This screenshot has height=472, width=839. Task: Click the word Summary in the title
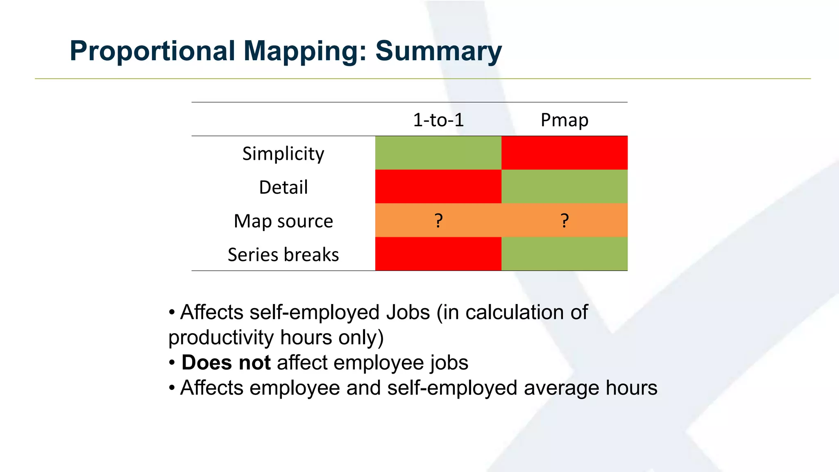(438, 51)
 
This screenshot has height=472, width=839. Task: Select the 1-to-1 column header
(438, 120)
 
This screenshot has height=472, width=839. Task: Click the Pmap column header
(564, 120)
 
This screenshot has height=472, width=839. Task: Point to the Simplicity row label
(283, 154)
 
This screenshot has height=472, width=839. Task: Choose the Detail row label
(283, 187)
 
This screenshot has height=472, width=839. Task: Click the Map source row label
(283, 221)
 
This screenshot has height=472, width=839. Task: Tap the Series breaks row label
(283, 254)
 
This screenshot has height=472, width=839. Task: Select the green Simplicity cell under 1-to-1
(438, 153)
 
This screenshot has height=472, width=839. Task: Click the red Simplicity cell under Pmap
(564, 153)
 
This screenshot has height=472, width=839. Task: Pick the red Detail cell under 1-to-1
(438, 186)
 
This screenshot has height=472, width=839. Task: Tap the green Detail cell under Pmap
(564, 186)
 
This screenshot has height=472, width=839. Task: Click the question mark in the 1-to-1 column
(438, 220)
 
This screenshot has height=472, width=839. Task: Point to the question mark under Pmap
(565, 220)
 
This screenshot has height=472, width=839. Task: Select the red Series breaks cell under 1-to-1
(438, 254)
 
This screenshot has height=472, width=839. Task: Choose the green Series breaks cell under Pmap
(564, 254)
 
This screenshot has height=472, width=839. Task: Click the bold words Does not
(226, 363)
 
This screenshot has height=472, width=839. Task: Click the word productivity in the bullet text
(221, 338)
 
